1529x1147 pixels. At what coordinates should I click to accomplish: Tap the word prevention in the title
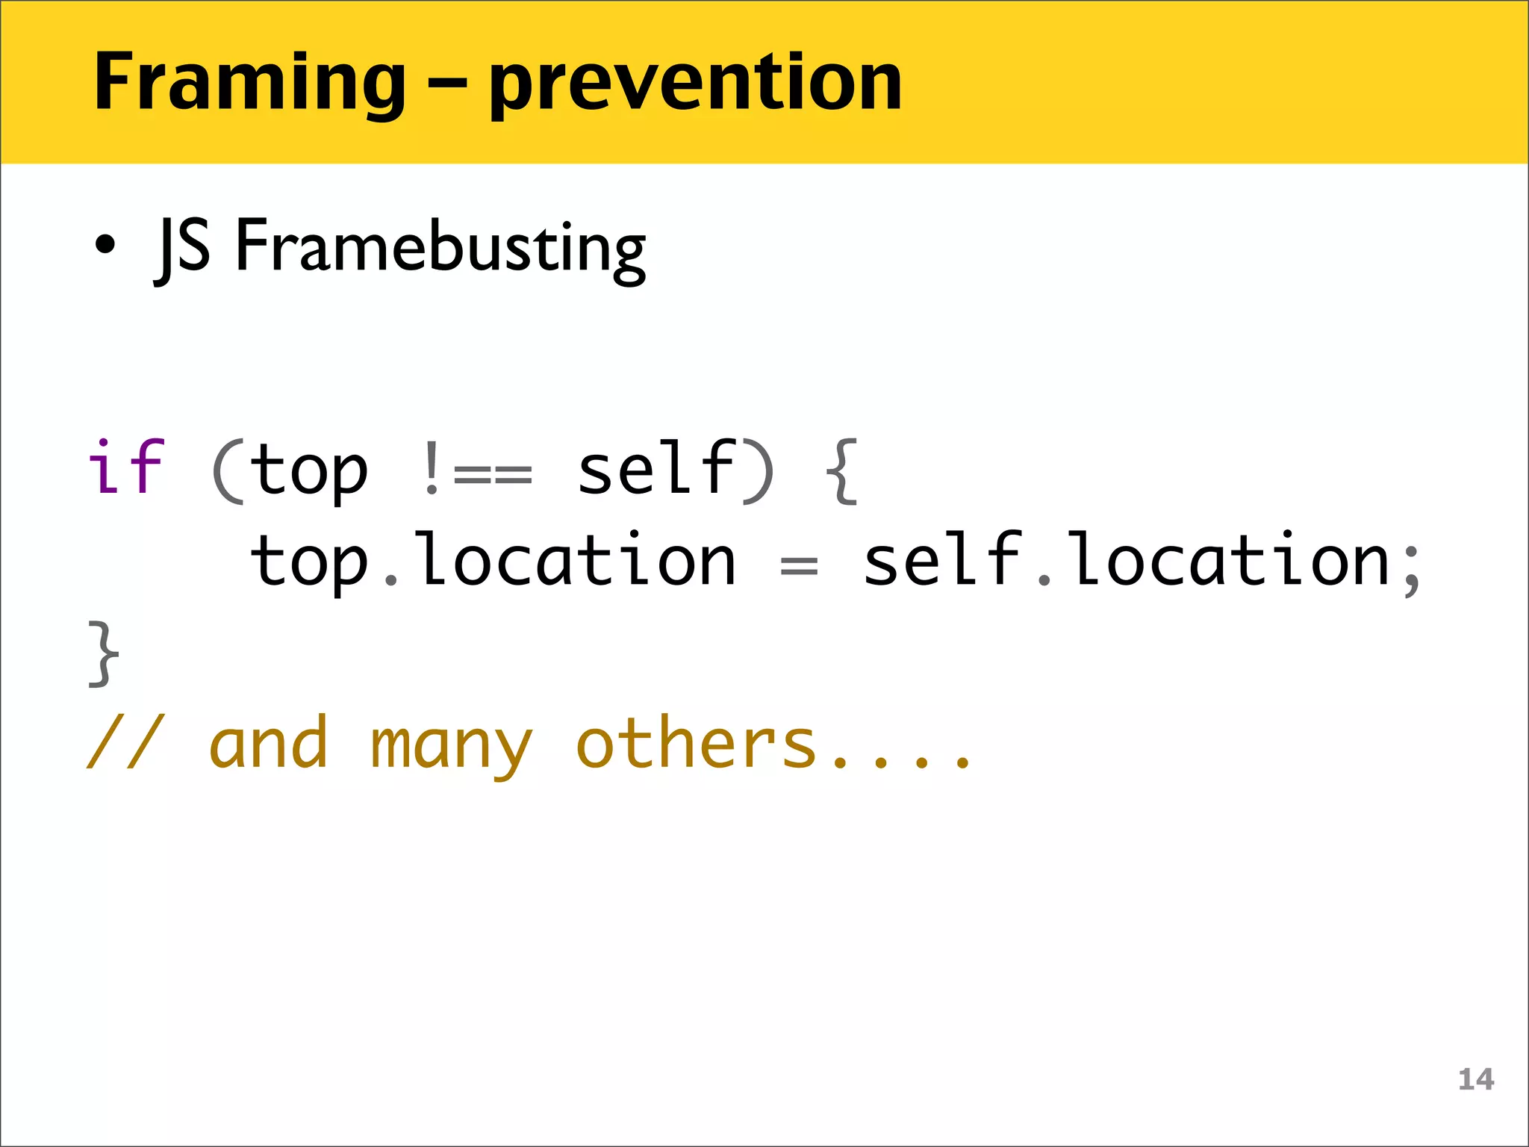click(x=695, y=84)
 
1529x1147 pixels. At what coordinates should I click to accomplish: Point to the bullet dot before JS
click(x=105, y=244)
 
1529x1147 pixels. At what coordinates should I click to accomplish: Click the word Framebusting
click(x=440, y=246)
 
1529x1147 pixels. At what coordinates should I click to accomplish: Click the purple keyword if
click(x=125, y=468)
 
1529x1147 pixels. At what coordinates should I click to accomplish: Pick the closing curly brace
click(x=104, y=653)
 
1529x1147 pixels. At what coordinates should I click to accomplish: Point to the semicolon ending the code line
click(x=1410, y=569)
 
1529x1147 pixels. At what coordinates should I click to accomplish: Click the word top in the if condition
click(x=309, y=470)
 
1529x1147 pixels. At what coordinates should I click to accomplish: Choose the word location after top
click(x=576, y=559)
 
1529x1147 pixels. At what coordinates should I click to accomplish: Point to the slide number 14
click(x=1476, y=1079)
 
